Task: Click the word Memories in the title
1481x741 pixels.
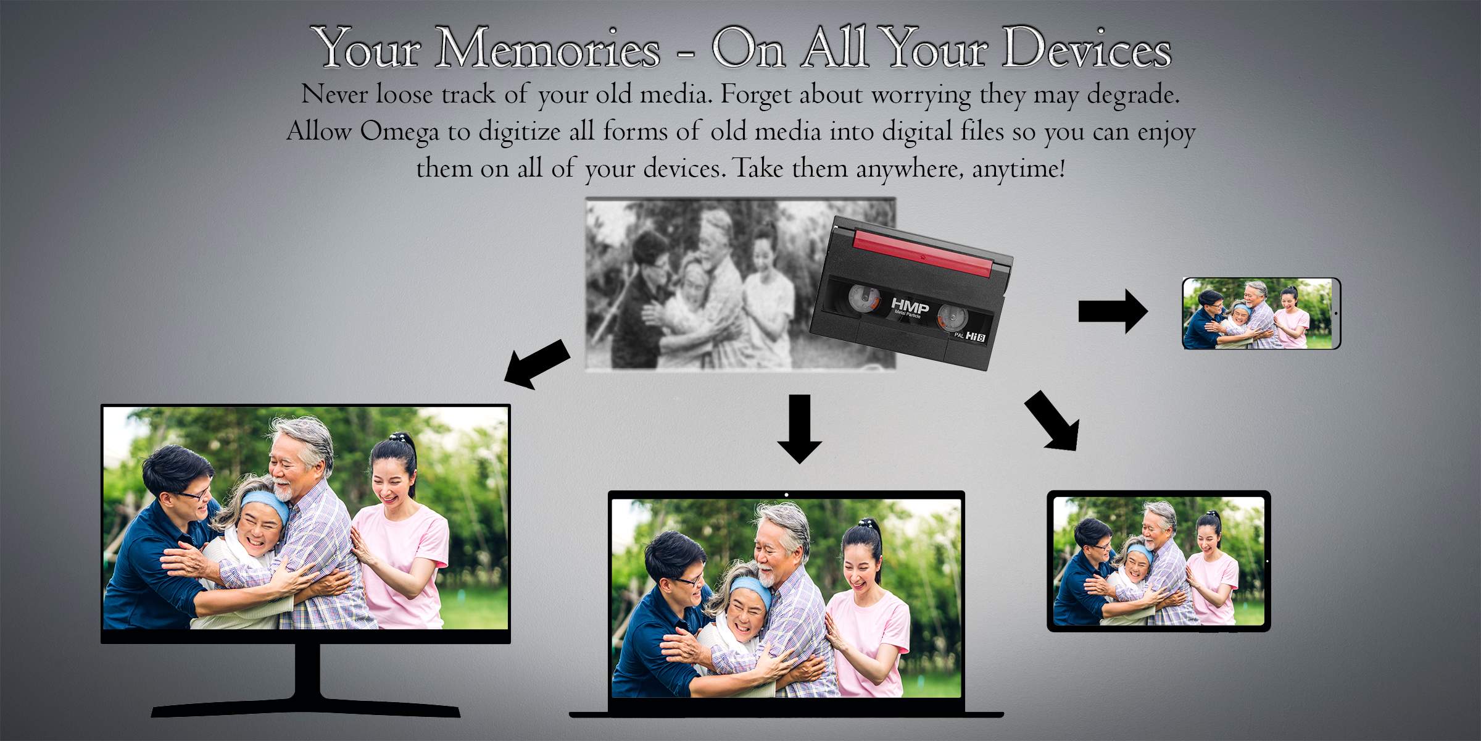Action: pyautogui.click(x=547, y=49)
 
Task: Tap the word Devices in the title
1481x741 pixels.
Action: pyautogui.click(x=1086, y=49)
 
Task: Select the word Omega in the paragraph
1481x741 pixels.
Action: pyautogui.click(x=399, y=132)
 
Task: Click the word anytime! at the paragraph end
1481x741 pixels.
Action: pyautogui.click(x=1019, y=169)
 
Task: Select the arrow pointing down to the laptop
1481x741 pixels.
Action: pyautogui.click(x=800, y=429)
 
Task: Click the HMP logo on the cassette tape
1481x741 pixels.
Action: pyautogui.click(x=910, y=306)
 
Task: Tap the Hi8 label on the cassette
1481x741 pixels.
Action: pyautogui.click(x=976, y=337)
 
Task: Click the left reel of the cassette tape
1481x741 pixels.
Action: pyautogui.click(x=863, y=298)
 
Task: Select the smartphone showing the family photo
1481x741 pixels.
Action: pyautogui.click(x=1261, y=314)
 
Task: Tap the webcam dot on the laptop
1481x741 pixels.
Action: pyautogui.click(x=786, y=495)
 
